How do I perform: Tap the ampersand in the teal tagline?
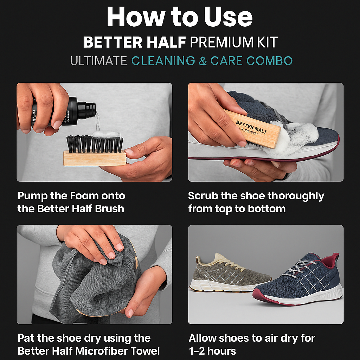(202, 60)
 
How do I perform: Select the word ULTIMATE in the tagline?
(98, 60)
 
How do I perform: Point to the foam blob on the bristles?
(106, 135)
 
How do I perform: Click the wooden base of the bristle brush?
(95, 158)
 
